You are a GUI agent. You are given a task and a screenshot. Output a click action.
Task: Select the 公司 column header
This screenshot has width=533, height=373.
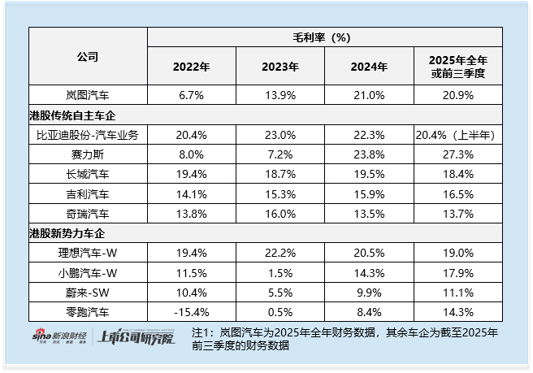[88, 57]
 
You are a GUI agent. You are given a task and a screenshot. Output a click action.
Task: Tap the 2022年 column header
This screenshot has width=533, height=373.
[191, 67]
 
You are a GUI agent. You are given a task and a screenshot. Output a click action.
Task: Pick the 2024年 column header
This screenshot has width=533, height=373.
[370, 67]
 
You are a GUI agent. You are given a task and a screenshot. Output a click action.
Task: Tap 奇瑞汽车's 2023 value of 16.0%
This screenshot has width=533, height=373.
[280, 214]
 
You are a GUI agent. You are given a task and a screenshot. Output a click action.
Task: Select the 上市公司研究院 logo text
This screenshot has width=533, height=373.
[135, 338]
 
